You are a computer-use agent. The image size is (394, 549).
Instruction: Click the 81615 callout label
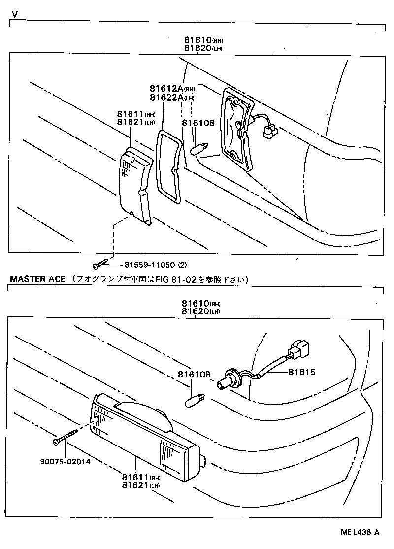point(301,372)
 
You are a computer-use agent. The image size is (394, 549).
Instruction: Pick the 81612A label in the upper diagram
point(165,89)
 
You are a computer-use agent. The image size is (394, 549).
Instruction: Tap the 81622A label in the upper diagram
point(165,98)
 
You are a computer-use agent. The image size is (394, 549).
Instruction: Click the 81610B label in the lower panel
point(194,375)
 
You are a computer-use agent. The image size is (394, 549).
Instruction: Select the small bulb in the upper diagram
point(201,146)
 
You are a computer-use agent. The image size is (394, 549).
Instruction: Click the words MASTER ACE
point(37,279)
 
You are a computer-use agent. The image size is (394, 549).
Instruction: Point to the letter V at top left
point(15,15)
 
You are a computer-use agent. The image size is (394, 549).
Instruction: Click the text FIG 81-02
point(169,279)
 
